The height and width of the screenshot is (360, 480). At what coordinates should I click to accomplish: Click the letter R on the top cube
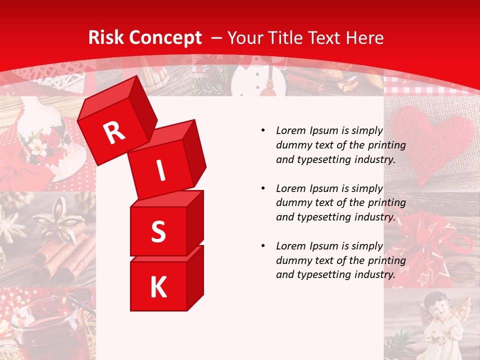point(114,132)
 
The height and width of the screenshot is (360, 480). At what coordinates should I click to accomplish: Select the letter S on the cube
point(158,232)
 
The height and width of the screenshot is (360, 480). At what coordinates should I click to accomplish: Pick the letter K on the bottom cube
point(158,287)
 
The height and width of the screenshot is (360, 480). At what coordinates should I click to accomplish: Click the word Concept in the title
point(164,38)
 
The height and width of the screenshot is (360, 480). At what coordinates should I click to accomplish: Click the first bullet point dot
point(263,131)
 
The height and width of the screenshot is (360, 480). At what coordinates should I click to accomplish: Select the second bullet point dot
point(263,188)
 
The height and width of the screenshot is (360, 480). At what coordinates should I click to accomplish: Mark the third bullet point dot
point(263,246)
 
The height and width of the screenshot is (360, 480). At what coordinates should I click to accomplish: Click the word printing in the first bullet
point(389,145)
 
